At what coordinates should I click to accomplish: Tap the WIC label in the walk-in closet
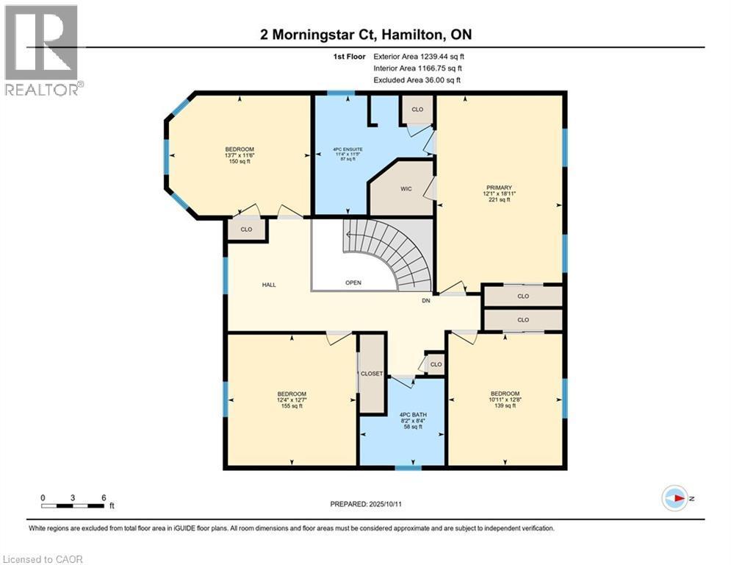click(406, 189)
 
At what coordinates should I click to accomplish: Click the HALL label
click(269, 285)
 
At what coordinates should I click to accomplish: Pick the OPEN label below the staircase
click(353, 282)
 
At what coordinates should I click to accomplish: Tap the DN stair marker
click(425, 301)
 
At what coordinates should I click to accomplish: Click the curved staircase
click(400, 254)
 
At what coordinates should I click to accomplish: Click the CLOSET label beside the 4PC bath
click(372, 374)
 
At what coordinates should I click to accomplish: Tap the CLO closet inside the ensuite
click(417, 110)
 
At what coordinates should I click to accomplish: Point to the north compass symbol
click(674, 499)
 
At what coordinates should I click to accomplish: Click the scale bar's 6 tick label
click(104, 497)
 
